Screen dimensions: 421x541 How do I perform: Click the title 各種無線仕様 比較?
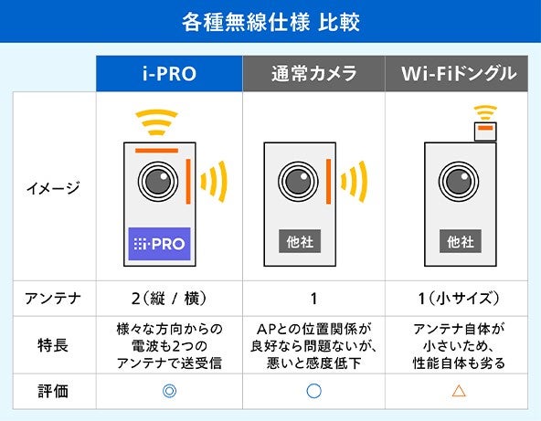[x=270, y=20]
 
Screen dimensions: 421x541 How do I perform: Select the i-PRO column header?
[x=169, y=74]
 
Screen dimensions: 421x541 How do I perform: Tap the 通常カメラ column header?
[x=314, y=74]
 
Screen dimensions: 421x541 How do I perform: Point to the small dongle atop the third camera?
[x=485, y=131]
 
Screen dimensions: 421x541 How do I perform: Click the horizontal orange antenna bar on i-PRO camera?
[x=157, y=151]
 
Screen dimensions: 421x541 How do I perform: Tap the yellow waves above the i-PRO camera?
[x=157, y=121]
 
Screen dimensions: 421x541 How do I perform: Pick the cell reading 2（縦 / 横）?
[x=169, y=297]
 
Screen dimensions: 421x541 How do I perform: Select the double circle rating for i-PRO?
[x=169, y=391]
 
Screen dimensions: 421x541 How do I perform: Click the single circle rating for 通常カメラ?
[x=314, y=391]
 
